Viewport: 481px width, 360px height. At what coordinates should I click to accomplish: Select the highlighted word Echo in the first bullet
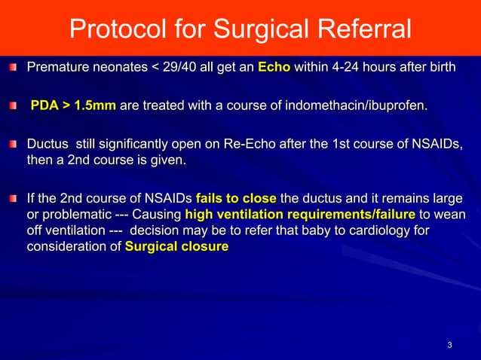coord(272,69)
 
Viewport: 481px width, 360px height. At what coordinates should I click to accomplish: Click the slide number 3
coord(449,346)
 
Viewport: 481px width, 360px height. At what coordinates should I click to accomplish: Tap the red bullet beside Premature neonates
coord(13,69)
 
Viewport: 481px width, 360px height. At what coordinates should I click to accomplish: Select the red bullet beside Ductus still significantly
coord(13,144)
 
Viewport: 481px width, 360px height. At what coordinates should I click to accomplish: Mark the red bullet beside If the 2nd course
coord(13,200)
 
